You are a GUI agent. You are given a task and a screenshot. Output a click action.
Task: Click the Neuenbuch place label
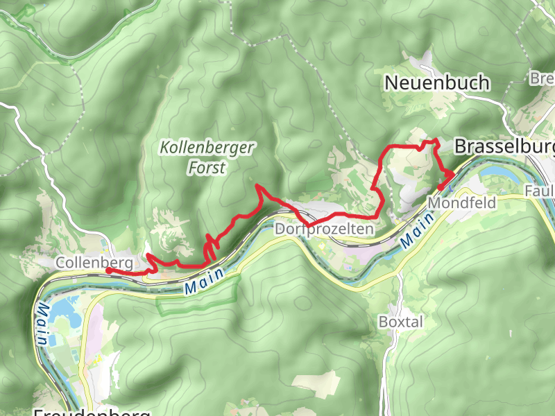(x=437, y=83)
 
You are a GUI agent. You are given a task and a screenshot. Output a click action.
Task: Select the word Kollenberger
(x=207, y=148)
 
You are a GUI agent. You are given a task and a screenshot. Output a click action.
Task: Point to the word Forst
(x=207, y=167)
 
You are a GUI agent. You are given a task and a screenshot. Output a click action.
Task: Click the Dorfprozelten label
(x=325, y=229)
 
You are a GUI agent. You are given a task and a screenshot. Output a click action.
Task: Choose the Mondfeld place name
(x=463, y=203)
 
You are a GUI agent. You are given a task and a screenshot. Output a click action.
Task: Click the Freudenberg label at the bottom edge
(x=92, y=412)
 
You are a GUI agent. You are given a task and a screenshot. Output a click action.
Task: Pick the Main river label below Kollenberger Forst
(x=205, y=280)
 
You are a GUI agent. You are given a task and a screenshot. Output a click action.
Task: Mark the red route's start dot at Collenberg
(x=108, y=270)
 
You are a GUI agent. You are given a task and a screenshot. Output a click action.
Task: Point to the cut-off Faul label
(x=540, y=191)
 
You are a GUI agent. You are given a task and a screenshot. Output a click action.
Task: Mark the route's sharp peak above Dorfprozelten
(x=258, y=186)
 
